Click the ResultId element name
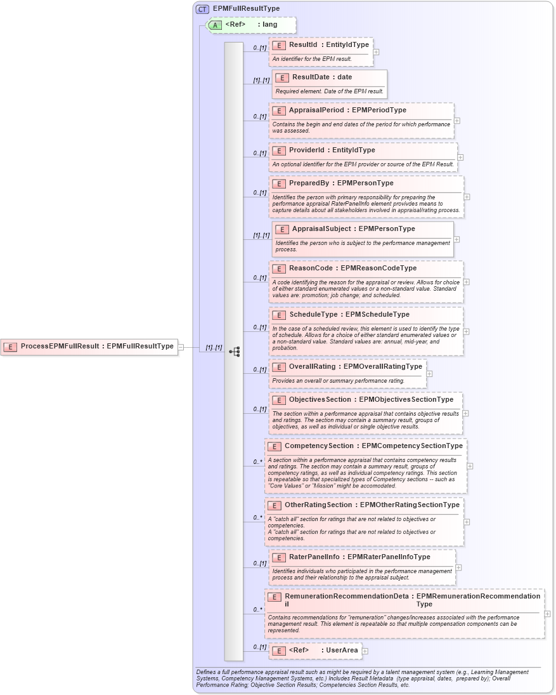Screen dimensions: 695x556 point(304,45)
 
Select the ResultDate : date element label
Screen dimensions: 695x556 point(322,77)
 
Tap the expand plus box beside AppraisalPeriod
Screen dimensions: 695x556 point(457,120)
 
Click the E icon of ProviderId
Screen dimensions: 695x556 point(279,150)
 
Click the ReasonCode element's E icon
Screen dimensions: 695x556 point(279,268)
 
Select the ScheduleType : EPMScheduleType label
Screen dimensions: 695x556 point(349,315)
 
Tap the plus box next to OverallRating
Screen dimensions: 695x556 point(429,374)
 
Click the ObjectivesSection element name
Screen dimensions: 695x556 point(320,400)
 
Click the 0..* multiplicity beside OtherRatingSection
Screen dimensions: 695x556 point(258,517)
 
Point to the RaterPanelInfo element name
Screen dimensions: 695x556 point(314,557)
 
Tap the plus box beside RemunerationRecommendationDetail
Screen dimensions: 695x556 point(548,614)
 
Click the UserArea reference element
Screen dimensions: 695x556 point(323,651)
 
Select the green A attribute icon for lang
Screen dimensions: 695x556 point(216,25)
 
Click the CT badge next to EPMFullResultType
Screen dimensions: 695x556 point(202,9)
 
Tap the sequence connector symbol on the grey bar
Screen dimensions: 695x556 point(234,351)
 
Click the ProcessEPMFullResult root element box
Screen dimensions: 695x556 point(89,347)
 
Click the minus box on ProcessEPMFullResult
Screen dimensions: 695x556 point(181,347)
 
